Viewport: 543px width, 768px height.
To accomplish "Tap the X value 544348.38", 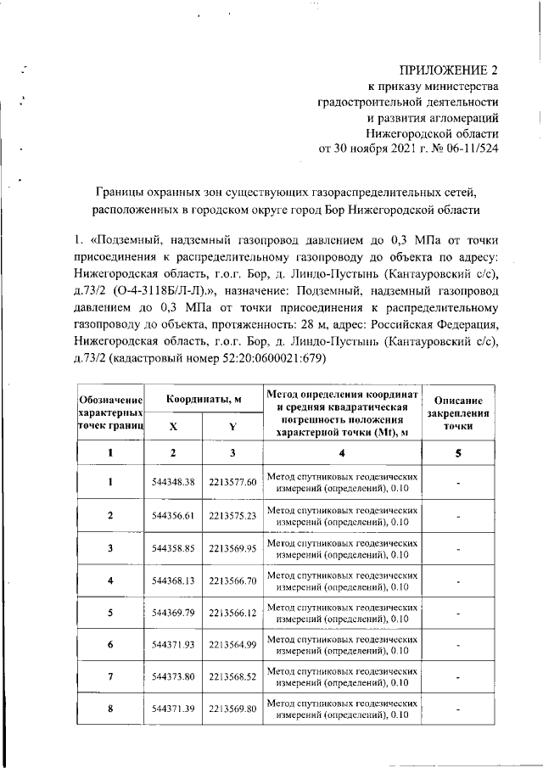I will tap(173, 482).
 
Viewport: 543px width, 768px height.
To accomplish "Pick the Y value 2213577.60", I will tap(232, 482).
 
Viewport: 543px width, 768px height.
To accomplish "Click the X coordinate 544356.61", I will tap(173, 515).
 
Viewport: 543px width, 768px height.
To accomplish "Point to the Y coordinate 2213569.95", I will tap(232, 548).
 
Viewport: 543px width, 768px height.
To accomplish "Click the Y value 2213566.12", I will tap(232, 613).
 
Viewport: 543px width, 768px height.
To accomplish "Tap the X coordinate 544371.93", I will tap(173, 645).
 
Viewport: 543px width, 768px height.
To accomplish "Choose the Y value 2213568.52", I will tap(232, 677).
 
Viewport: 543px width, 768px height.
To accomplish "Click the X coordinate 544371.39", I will tap(173, 709).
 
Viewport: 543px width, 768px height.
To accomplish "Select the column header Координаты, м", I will tap(203, 398).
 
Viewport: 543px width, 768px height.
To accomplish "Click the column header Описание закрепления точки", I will tap(458, 413).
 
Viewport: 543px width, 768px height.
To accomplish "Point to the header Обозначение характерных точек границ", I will tap(109, 412).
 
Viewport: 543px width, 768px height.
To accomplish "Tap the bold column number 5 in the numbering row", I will tap(458, 453).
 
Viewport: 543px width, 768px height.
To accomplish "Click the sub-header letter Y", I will tap(232, 426).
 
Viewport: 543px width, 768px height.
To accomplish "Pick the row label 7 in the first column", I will tap(109, 677).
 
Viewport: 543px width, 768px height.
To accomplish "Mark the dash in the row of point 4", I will tap(458, 581).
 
